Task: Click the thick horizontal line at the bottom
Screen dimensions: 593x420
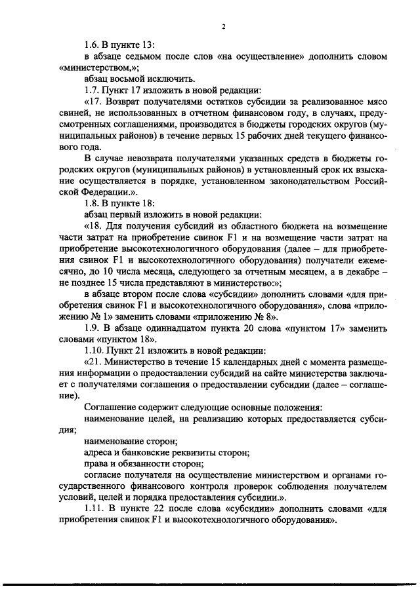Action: coord(210,583)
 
